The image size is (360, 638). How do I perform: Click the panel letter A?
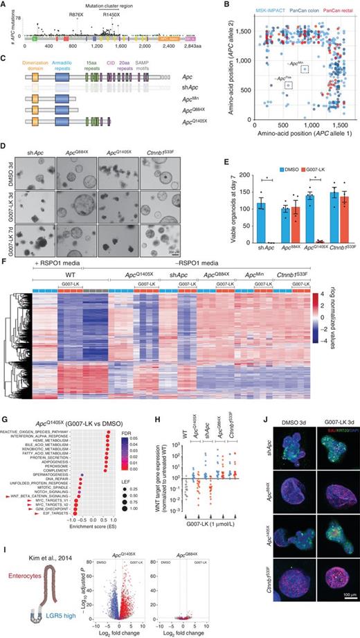(x=5, y=5)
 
